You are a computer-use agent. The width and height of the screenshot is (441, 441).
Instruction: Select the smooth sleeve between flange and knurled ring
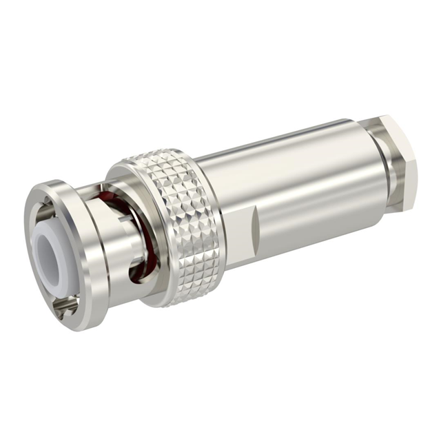(103, 227)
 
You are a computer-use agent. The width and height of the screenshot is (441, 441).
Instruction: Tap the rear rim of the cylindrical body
(372, 172)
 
